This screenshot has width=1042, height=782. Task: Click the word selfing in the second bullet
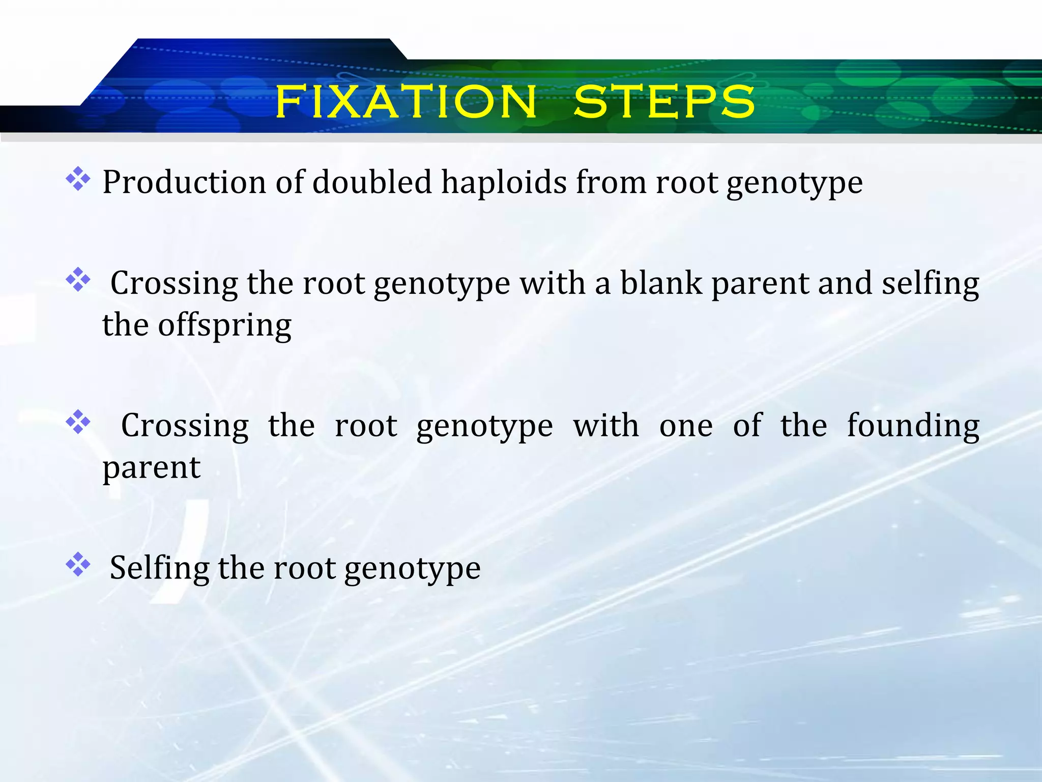pos(930,283)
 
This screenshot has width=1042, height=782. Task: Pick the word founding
pos(913,426)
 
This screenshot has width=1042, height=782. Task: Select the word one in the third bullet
pos(686,427)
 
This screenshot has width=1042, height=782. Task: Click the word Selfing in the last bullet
pos(159,568)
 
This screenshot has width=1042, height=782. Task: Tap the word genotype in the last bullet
pos(412,569)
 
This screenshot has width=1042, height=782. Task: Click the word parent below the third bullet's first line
pos(152,468)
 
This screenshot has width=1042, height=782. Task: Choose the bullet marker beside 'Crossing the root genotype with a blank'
pos(78,280)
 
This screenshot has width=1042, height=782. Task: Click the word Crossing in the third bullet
pos(185,427)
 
